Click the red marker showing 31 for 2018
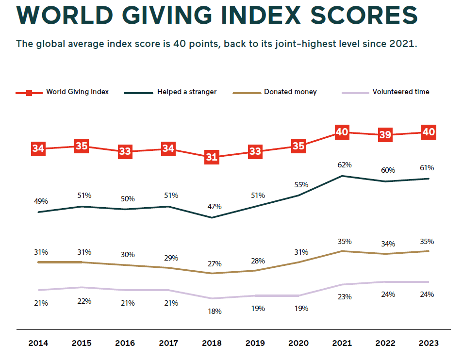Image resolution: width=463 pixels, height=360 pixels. pos(212,157)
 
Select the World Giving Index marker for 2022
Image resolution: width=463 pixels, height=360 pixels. pos(385,134)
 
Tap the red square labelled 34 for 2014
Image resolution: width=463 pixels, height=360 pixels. pos(38,148)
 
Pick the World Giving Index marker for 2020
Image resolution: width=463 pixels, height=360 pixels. pos(298,146)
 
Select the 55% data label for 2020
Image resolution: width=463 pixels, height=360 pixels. pos(301,185)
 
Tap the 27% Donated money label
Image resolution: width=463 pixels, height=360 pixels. pos(214,264)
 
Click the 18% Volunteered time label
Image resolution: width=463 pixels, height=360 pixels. pos(214,311)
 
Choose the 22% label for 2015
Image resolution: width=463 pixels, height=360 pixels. pos(84,301)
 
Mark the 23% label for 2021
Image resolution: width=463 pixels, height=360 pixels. pos(345,297)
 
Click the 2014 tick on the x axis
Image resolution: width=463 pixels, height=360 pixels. pos(38,343)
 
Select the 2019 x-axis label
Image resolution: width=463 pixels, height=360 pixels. pos(255,343)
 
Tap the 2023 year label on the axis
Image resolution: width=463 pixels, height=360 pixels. pos(429,343)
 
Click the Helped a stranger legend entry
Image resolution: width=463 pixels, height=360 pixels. pos(186,92)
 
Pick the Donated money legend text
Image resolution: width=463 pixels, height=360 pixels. pos(290,92)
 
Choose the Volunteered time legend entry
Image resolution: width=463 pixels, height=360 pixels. pos(400,92)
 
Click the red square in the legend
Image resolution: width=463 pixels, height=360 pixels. pos(29,92)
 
